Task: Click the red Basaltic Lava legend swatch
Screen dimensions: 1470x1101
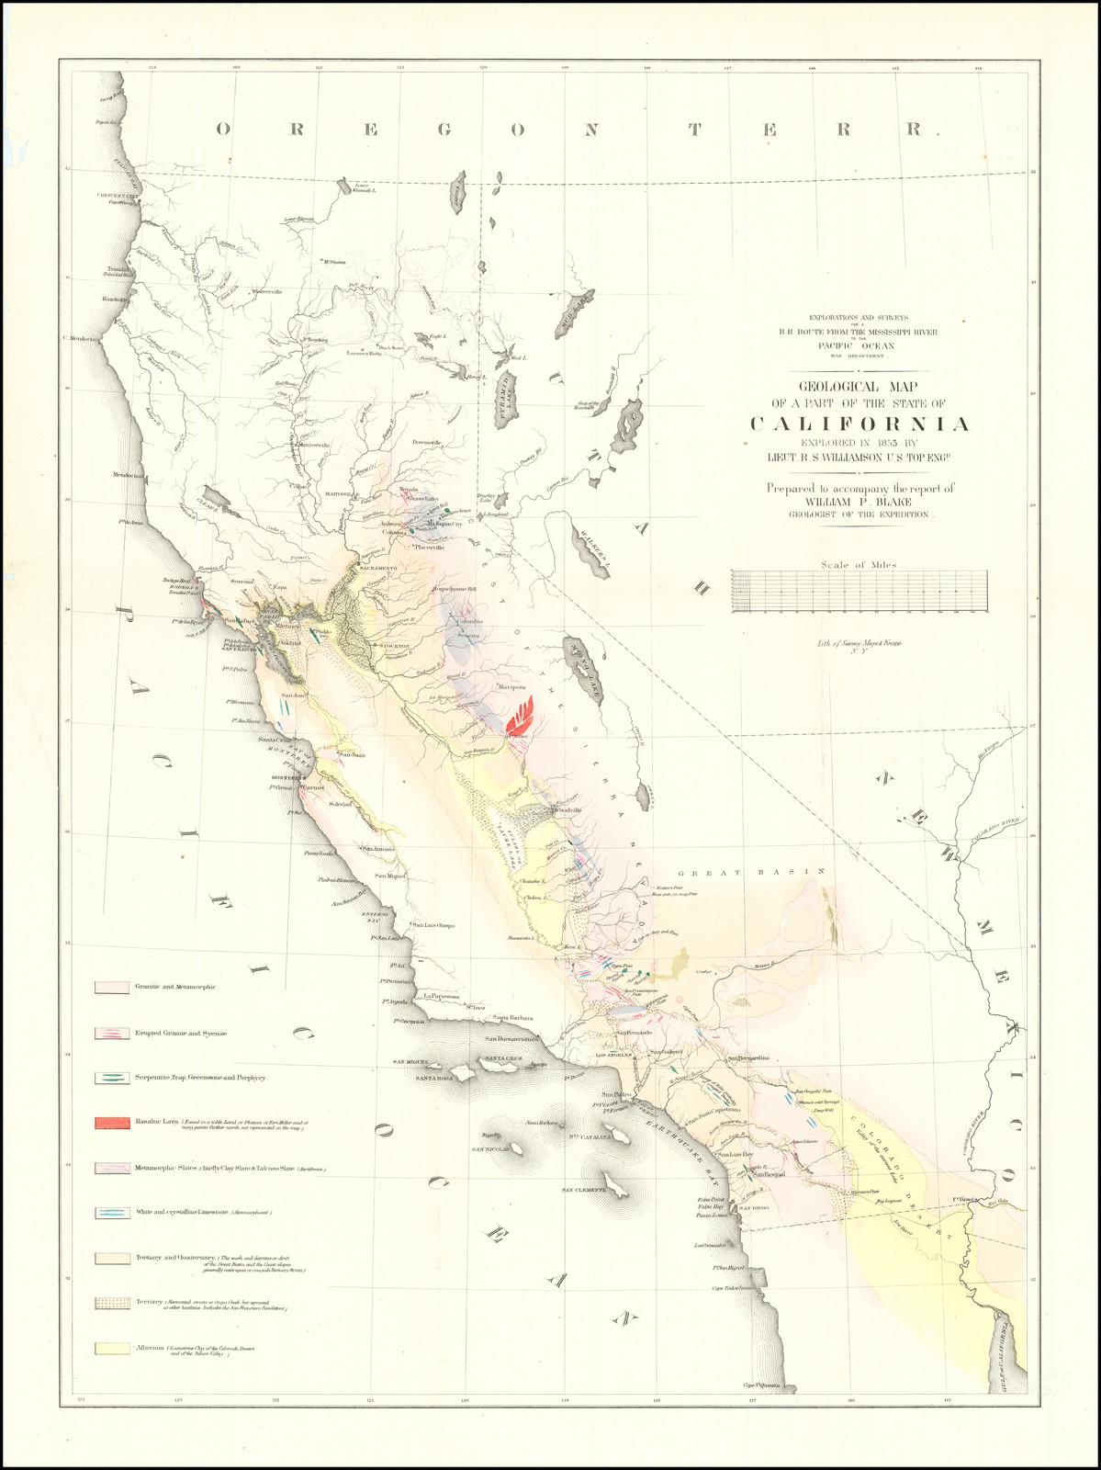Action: [x=110, y=1123]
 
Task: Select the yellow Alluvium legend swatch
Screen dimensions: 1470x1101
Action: [x=110, y=1348]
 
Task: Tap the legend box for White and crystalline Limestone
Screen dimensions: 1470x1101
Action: [x=110, y=1213]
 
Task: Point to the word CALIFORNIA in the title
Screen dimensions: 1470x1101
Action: [x=860, y=424]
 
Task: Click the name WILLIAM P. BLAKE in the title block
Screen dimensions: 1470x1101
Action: [x=860, y=503]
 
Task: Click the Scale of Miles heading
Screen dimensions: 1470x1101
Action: [x=859, y=565]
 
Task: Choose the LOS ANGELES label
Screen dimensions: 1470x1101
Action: [x=615, y=1056]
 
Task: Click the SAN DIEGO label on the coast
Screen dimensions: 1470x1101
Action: [x=753, y=1208]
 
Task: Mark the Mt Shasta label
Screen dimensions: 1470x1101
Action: [x=331, y=263]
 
